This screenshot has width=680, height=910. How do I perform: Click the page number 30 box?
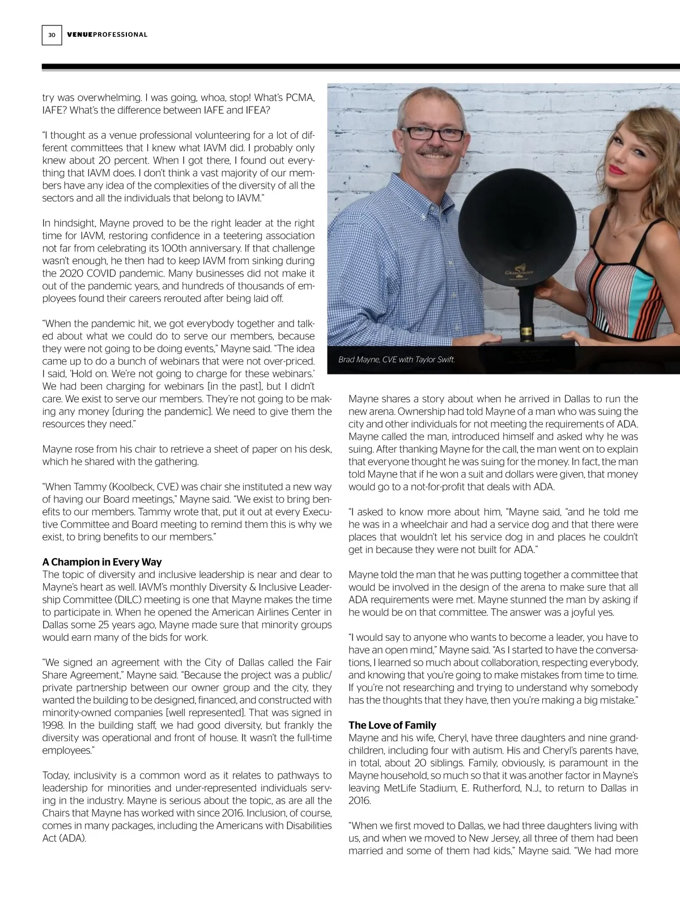click(52, 35)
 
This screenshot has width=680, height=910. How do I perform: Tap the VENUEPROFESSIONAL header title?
click(107, 35)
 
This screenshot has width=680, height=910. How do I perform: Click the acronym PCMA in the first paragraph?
click(300, 97)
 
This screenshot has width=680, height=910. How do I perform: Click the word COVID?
click(93, 273)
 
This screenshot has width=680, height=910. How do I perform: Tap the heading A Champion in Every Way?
click(102, 562)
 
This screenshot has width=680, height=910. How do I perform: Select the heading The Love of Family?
click(392, 725)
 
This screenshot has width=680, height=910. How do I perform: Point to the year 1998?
click(54, 725)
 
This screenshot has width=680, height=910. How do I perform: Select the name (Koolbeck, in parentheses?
click(134, 487)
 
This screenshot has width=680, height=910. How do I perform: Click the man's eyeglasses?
click(435, 134)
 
